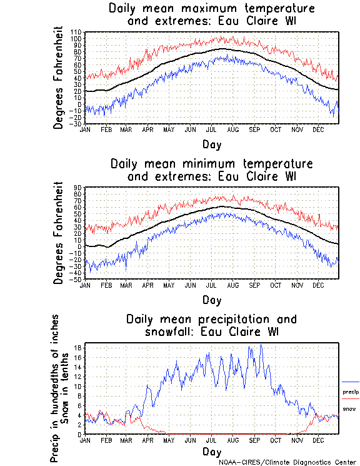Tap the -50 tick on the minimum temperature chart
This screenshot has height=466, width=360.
point(76,279)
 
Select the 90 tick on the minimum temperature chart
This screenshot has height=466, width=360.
point(78,187)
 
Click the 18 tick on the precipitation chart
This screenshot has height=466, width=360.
point(78,348)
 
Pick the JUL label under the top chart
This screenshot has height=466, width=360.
point(211,129)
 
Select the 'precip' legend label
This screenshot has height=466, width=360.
point(351,392)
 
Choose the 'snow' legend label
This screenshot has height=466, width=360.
point(350,408)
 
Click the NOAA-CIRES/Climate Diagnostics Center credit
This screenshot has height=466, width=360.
point(288,462)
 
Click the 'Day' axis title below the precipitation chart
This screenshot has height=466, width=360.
point(211,451)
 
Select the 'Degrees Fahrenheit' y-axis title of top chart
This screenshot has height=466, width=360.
point(59,78)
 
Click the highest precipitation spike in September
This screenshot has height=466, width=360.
point(261,345)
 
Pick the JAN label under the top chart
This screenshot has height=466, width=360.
point(86,129)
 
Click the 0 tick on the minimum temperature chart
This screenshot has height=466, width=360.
point(79,246)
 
